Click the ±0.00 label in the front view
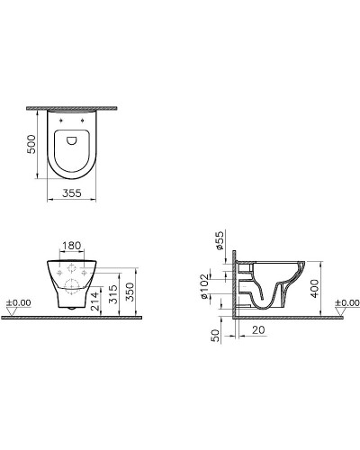click(x=17, y=302)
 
